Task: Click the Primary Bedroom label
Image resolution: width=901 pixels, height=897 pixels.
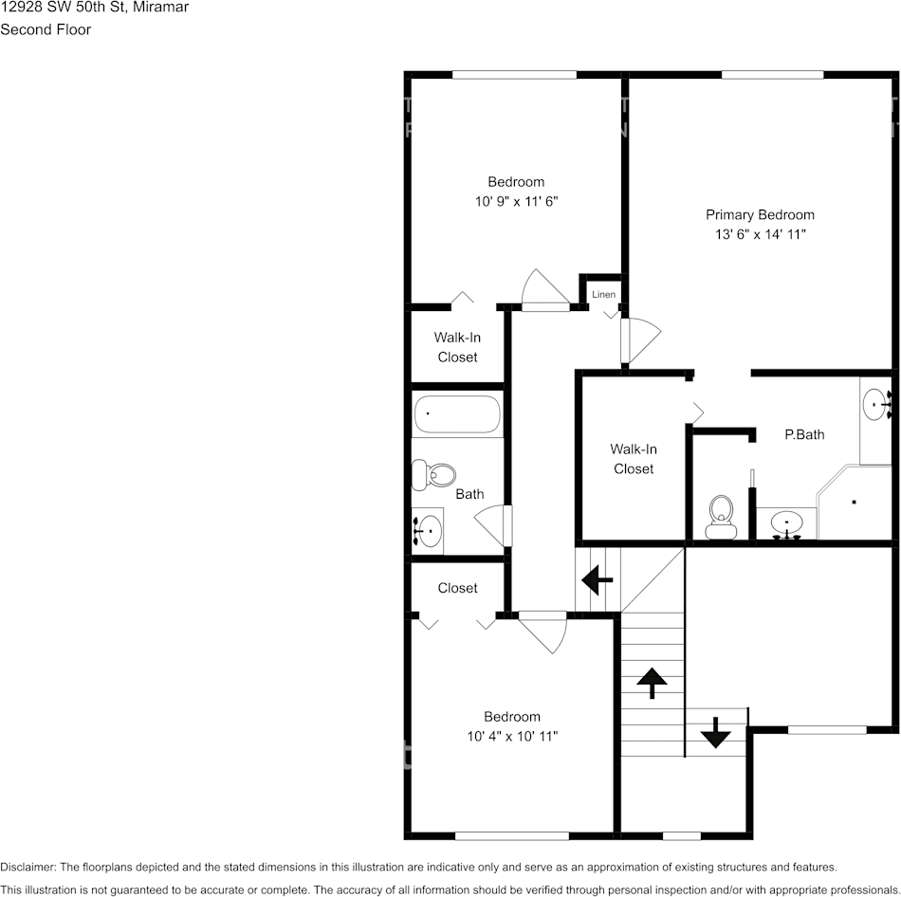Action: click(760, 214)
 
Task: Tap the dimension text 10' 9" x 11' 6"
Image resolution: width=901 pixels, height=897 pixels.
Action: click(516, 201)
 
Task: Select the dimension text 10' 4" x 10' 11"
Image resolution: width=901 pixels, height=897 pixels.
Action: click(512, 736)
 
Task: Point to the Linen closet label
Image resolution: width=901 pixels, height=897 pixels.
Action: click(603, 295)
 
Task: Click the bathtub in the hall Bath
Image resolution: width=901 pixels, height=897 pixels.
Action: click(456, 414)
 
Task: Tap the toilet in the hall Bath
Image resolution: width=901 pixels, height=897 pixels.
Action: click(435, 474)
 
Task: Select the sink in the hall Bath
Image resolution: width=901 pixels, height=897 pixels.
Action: click(428, 531)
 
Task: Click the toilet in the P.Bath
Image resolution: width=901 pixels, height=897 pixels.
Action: click(722, 517)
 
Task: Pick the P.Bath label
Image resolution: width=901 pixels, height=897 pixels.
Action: click(804, 434)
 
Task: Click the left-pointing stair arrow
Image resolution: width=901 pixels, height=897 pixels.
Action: click(597, 577)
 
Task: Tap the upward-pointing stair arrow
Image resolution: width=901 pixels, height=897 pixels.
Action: click(653, 682)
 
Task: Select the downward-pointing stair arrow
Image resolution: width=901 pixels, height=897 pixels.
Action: click(714, 732)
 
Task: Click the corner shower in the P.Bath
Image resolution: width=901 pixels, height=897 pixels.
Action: click(856, 503)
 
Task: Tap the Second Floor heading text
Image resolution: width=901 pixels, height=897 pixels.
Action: click(46, 29)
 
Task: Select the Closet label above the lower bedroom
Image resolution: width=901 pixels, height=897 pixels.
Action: click(457, 588)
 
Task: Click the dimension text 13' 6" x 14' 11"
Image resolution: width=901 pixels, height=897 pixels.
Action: click(760, 234)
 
